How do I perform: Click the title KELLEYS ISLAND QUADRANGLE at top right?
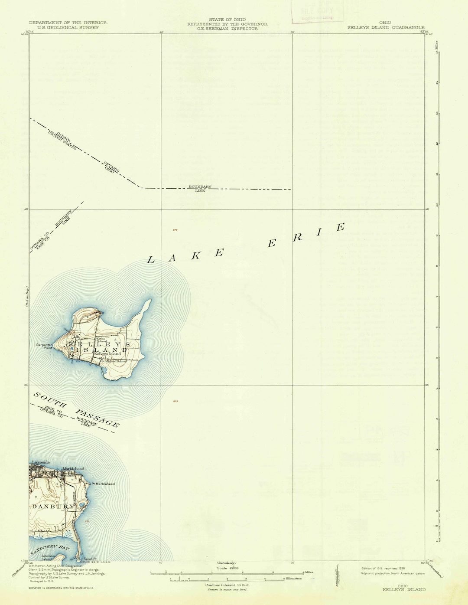pos(386,27)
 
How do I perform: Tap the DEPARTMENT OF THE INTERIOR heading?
pos(68,23)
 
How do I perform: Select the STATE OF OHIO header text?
pos(227,20)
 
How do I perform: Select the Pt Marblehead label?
pos(103,484)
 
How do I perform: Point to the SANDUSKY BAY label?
pos(49,550)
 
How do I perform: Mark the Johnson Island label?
pos(48,557)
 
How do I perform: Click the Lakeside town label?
pos(41,462)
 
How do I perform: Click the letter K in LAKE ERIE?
pos(196,255)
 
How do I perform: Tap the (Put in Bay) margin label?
pos(26,297)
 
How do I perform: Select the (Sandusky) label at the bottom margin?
pos(226,562)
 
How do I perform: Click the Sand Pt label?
pos(90,559)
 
